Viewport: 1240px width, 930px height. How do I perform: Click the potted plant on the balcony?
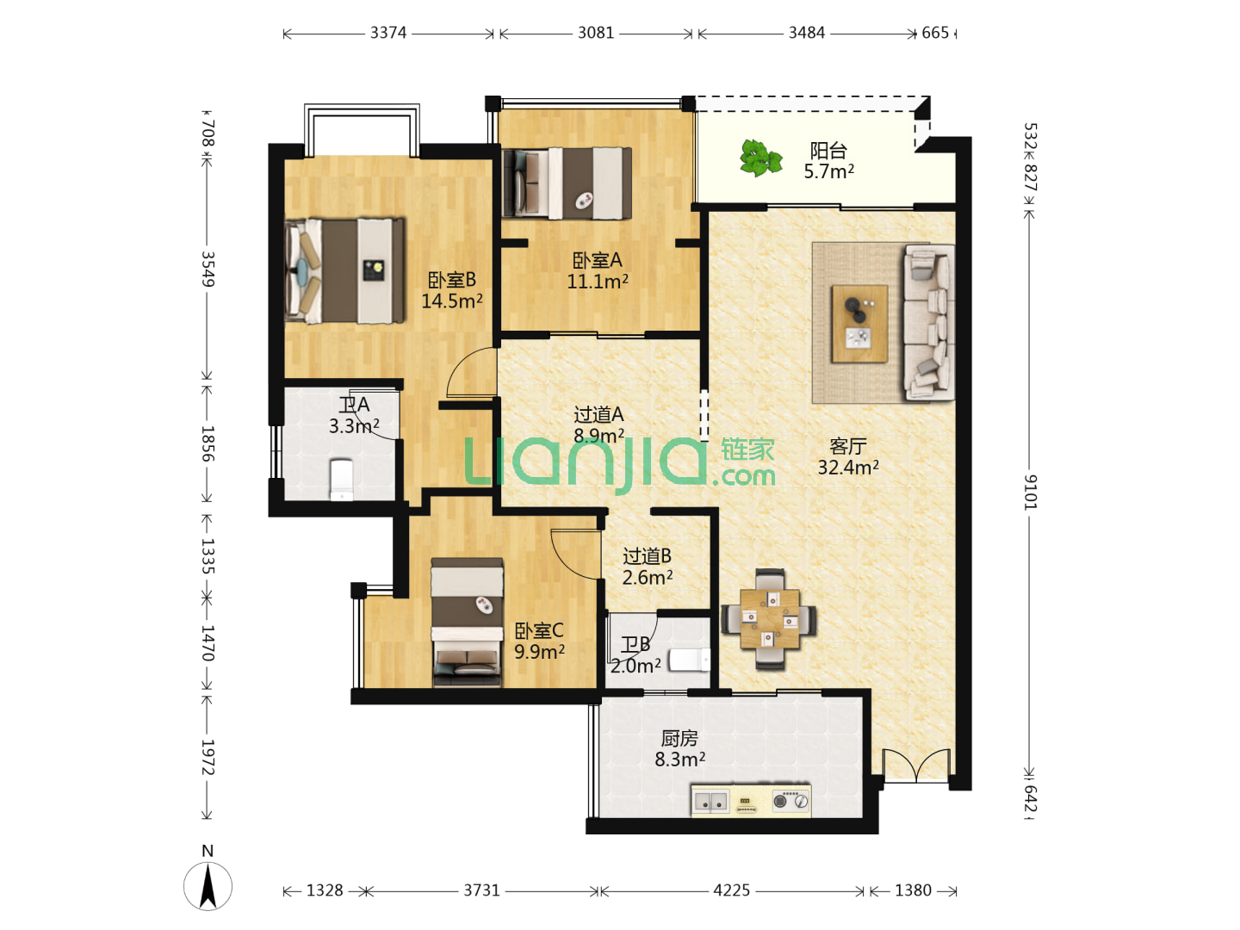click(761, 158)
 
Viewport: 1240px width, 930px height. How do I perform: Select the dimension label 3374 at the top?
click(388, 34)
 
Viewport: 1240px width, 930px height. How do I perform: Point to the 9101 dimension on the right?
click(1031, 493)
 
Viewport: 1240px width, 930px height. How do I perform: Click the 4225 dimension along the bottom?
click(732, 890)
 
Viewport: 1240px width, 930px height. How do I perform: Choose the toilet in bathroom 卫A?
click(341, 480)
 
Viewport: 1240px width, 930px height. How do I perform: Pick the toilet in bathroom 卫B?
click(689, 660)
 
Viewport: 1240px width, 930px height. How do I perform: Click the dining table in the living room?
click(770, 619)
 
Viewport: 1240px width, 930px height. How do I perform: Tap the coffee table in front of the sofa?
click(859, 324)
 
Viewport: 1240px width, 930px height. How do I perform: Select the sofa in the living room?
click(929, 322)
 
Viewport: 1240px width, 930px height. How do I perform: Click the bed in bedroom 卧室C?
click(468, 623)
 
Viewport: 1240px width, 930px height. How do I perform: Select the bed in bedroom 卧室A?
click(567, 183)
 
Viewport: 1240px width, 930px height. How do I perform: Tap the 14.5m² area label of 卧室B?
click(452, 301)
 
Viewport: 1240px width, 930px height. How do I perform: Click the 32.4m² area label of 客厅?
click(848, 468)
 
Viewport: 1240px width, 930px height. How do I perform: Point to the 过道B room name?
click(648, 557)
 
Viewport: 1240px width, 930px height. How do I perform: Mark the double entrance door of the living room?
click(916, 766)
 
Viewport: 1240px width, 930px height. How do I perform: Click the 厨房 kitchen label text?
click(679, 739)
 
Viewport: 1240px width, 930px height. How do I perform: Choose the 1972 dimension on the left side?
click(208, 758)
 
